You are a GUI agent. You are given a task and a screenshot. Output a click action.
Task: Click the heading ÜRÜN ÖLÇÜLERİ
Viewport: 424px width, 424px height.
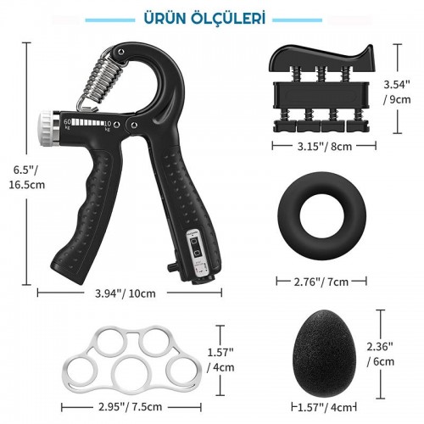(x=204, y=19)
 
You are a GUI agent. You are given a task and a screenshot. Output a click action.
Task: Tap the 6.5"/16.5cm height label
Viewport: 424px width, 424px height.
(x=26, y=177)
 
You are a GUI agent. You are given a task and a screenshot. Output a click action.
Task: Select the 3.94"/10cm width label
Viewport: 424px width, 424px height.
(x=126, y=293)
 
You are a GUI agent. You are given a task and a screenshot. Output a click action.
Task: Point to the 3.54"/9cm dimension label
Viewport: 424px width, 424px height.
(x=397, y=92)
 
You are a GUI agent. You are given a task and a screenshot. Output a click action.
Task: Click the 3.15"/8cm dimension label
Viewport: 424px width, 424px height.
(x=325, y=147)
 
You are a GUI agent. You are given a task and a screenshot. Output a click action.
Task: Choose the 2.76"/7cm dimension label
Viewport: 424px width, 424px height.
(x=321, y=282)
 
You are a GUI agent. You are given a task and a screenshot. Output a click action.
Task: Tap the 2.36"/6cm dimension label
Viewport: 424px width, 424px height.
(x=380, y=354)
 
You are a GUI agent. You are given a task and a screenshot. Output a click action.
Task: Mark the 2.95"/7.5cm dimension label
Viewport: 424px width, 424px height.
(x=130, y=407)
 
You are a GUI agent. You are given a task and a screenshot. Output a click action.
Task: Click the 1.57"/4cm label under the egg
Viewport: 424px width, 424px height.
(x=325, y=407)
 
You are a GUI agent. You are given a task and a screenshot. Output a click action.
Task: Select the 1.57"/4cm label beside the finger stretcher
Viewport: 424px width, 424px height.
(x=220, y=360)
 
